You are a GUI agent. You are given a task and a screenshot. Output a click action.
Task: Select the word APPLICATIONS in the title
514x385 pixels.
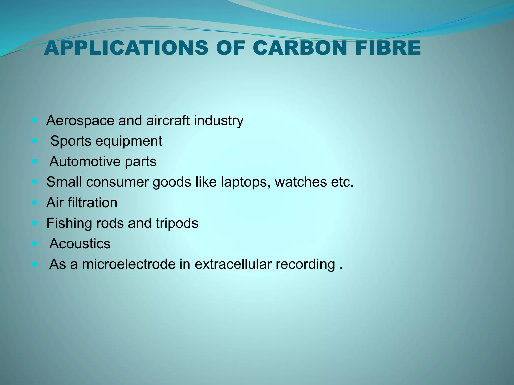(126, 48)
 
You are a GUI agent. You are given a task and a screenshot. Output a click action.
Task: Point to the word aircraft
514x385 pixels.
(168, 120)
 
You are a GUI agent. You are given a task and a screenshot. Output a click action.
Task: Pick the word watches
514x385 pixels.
(301, 182)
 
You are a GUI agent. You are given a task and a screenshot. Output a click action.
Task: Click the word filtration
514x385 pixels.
(92, 203)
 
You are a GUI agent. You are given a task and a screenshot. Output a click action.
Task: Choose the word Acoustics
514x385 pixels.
(80, 244)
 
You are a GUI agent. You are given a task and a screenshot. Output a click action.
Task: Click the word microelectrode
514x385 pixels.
(128, 264)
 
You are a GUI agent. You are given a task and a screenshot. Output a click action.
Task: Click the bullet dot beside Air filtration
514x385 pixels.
(35, 202)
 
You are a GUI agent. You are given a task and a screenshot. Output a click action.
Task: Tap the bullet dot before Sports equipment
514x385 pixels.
(35, 141)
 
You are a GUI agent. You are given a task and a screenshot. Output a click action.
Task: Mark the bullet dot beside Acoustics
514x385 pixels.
(35, 243)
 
